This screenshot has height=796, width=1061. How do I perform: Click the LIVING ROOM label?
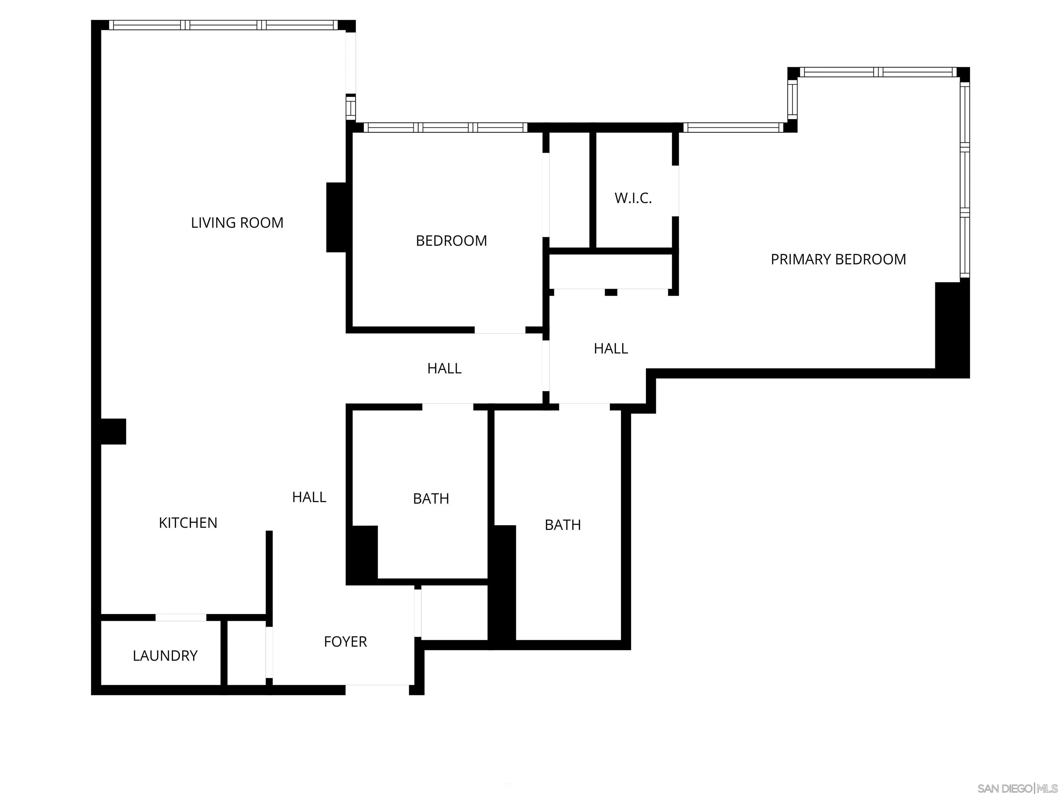pyautogui.click(x=237, y=222)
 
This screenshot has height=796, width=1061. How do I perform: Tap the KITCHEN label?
pyautogui.click(x=188, y=522)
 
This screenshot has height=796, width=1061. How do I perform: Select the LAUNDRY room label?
pyautogui.click(x=165, y=655)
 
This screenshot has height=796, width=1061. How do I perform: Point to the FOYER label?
pyautogui.click(x=345, y=642)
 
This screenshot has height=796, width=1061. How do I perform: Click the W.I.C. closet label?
pyautogui.click(x=633, y=198)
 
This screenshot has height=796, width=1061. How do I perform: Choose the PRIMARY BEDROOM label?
pyautogui.click(x=838, y=259)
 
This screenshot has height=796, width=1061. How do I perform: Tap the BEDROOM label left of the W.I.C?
pyautogui.click(x=451, y=240)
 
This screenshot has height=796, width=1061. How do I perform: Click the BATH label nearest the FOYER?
pyautogui.click(x=431, y=499)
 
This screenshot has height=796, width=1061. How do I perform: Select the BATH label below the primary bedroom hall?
pyautogui.click(x=563, y=525)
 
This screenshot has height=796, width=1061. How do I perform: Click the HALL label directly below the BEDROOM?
pyautogui.click(x=444, y=369)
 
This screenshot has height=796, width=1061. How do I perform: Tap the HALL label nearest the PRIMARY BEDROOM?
pyautogui.click(x=611, y=348)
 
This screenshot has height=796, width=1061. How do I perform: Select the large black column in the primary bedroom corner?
pyautogui.click(x=952, y=329)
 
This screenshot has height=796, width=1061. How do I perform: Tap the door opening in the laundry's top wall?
pyautogui.click(x=181, y=617)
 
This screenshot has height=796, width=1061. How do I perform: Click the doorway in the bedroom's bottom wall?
pyautogui.click(x=500, y=330)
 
